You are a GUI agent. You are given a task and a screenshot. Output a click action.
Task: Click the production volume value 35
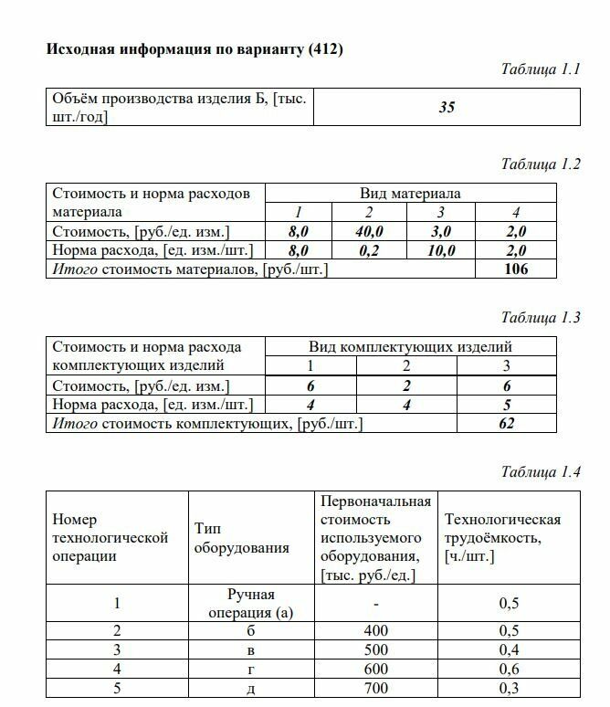coord(446,107)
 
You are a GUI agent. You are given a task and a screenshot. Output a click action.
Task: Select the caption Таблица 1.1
coord(541,69)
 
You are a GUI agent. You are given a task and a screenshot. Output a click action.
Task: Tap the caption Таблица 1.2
coord(541,164)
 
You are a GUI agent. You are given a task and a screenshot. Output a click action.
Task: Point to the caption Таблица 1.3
coord(541,318)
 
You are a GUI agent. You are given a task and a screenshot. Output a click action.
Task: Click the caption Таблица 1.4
coord(541,472)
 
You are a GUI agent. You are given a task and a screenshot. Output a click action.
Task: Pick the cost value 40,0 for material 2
coord(369,232)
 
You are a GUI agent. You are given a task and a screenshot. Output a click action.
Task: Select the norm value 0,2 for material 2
coord(369,250)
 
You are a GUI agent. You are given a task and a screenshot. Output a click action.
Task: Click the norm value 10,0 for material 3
coord(441,250)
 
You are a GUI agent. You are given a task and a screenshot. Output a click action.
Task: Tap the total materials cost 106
coord(515,269)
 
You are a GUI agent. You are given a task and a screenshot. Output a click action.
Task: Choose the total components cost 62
coord(507,423)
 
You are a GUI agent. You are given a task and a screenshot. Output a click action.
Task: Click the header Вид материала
coord(410,194)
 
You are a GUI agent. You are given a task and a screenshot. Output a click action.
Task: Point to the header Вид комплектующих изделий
coord(410,347)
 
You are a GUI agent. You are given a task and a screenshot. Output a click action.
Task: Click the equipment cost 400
coord(375,631)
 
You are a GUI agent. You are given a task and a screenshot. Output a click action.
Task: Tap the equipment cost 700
coord(375,688)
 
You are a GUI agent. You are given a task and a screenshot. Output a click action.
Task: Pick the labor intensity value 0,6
coord(509,669)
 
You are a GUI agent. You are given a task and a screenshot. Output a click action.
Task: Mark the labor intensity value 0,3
coord(509,688)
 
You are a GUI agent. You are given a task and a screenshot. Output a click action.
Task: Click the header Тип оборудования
coord(241,538)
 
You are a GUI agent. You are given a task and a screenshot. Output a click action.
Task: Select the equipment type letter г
coord(251,669)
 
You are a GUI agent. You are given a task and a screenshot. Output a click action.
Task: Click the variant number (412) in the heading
coord(325,49)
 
